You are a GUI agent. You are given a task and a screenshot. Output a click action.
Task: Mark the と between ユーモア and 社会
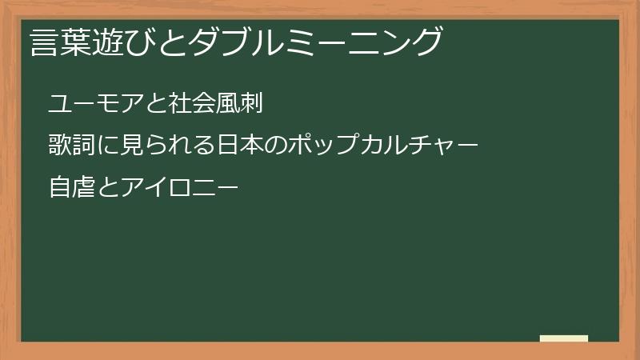[162, 104]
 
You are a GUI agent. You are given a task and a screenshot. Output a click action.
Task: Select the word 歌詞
[70, 146]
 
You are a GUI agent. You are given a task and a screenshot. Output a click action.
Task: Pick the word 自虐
[70, 188]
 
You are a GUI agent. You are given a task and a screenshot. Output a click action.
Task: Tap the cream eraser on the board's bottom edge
[563, 338]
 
